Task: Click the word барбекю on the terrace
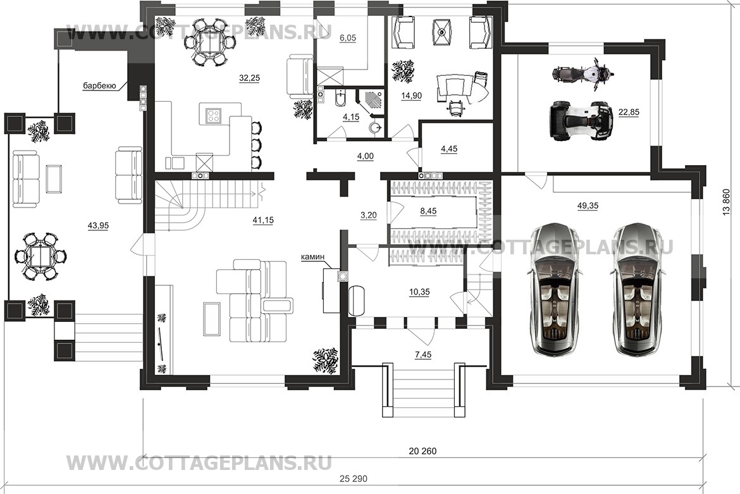(x=99, y=86)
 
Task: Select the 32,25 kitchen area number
(x=249, y=78)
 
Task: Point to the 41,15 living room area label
(x=263, y=220)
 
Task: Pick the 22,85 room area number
(x=629, y=113)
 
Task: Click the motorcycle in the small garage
(x=583, y=73)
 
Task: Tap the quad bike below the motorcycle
(x=581, y=121)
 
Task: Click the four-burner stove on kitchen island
(x=213, y=115)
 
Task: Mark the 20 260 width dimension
(x=422, y=451)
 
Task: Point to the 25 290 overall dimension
(x=353, y=479)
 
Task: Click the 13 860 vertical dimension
(x=726, y=203)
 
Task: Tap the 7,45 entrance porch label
(x=423, y=355)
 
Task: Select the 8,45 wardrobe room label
(x=428, y=211)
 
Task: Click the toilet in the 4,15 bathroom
(x=340, y=99)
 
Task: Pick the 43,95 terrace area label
(x=98, y=226)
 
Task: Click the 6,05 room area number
(x=347, y=38)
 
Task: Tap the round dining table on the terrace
(x=40, y=257)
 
